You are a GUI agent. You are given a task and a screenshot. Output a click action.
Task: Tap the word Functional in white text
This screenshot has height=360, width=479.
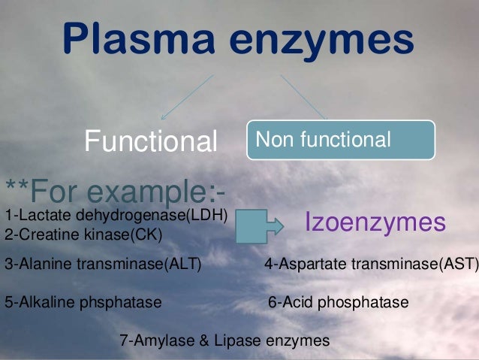(x=150, y=140)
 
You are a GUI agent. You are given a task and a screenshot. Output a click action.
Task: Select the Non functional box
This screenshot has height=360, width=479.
(x=341, y=140)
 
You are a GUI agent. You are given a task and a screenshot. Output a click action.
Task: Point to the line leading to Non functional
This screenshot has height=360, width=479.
(x=303, y=97)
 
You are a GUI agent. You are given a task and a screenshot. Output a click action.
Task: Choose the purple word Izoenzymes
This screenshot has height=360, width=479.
(x=375, y=222)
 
